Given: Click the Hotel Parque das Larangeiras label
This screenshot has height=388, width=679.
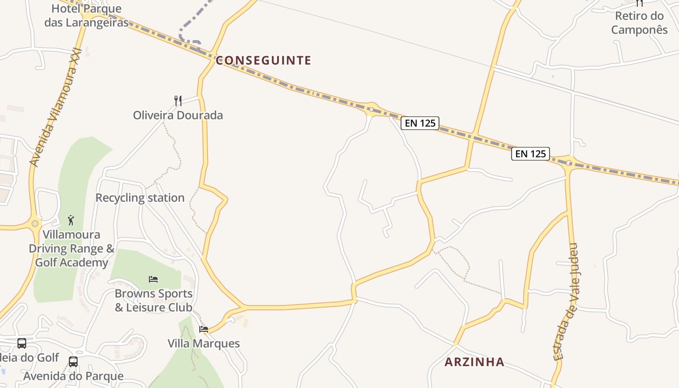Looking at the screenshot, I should (86, 16).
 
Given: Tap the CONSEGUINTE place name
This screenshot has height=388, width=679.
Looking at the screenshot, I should (263, 61).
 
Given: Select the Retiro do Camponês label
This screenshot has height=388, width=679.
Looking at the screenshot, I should (639, 23).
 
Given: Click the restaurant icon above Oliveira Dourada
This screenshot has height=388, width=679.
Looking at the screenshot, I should (178, 101).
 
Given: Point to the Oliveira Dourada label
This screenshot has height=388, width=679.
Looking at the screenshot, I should (178, 115).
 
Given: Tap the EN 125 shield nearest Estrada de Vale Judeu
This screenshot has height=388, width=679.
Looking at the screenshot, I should (531, 154).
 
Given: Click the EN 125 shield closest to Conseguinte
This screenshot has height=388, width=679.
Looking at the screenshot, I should (420, 123).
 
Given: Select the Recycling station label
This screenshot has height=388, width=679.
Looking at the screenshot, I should (140, 198).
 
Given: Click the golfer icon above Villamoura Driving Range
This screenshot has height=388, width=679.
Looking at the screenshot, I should (71, 220).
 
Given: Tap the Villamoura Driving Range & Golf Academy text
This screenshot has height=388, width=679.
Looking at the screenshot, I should (72, 249).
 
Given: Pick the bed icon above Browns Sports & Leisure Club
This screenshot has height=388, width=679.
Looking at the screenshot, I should (153, 279).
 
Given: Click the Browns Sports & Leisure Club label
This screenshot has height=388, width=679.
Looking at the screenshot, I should (153, 301).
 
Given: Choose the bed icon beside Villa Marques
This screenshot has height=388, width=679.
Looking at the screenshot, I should (204, 329).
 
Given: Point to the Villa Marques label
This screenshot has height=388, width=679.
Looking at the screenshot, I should (204, 343).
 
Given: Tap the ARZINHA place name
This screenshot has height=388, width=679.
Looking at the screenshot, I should (474, 362).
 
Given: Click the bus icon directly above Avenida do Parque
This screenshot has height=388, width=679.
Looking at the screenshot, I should (73, 362).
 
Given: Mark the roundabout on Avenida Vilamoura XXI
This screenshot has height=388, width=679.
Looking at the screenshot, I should (35, 224).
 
